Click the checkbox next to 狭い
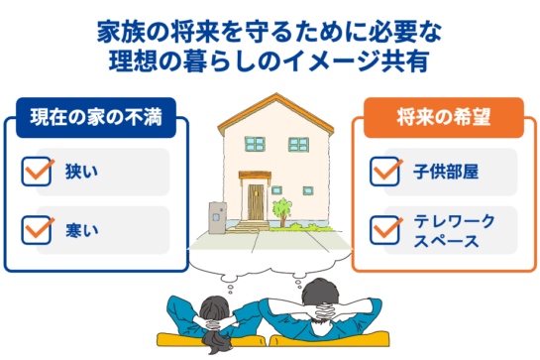tap(36, 171)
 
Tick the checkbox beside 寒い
tap(36, 227)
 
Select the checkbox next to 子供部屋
tap(382, 171)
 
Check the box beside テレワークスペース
tap(382, 227)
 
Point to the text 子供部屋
tap(446, 172)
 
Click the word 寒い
tap(81, 228)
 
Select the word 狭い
tap(81, 172)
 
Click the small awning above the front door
tap(257, 179)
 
